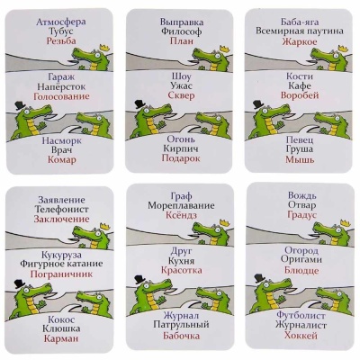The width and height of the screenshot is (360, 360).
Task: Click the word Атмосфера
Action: coord(61,22)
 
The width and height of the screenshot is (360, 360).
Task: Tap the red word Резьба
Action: coord(61,40)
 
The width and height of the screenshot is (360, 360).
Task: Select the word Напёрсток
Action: coord(61,86)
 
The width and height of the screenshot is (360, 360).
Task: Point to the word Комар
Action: coord(62,159)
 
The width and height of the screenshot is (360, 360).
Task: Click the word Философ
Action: coord(181,31)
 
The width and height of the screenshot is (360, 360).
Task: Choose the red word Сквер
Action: coord(181,95)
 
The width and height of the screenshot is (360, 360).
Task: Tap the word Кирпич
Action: coord(181,148)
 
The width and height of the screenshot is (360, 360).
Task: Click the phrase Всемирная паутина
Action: coord(300,31)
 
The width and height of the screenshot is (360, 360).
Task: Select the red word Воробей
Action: coord(300,95)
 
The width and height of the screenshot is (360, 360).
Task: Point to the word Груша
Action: coord(300,149)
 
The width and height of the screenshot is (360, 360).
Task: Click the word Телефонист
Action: coord(62,209)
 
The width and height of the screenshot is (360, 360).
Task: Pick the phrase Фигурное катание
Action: coord(61,264)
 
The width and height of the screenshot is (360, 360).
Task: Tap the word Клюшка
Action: coord(61,328)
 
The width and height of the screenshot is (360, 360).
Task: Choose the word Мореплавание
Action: coord(181,205)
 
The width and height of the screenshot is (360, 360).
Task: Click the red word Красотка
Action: coord(181,270)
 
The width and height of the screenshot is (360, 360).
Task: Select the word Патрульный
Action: coord(181,325)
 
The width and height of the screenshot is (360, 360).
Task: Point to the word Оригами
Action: coord(301,260)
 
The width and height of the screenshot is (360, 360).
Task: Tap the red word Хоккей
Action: coord(301,335)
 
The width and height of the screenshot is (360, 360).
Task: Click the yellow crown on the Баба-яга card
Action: coord(343,48)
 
